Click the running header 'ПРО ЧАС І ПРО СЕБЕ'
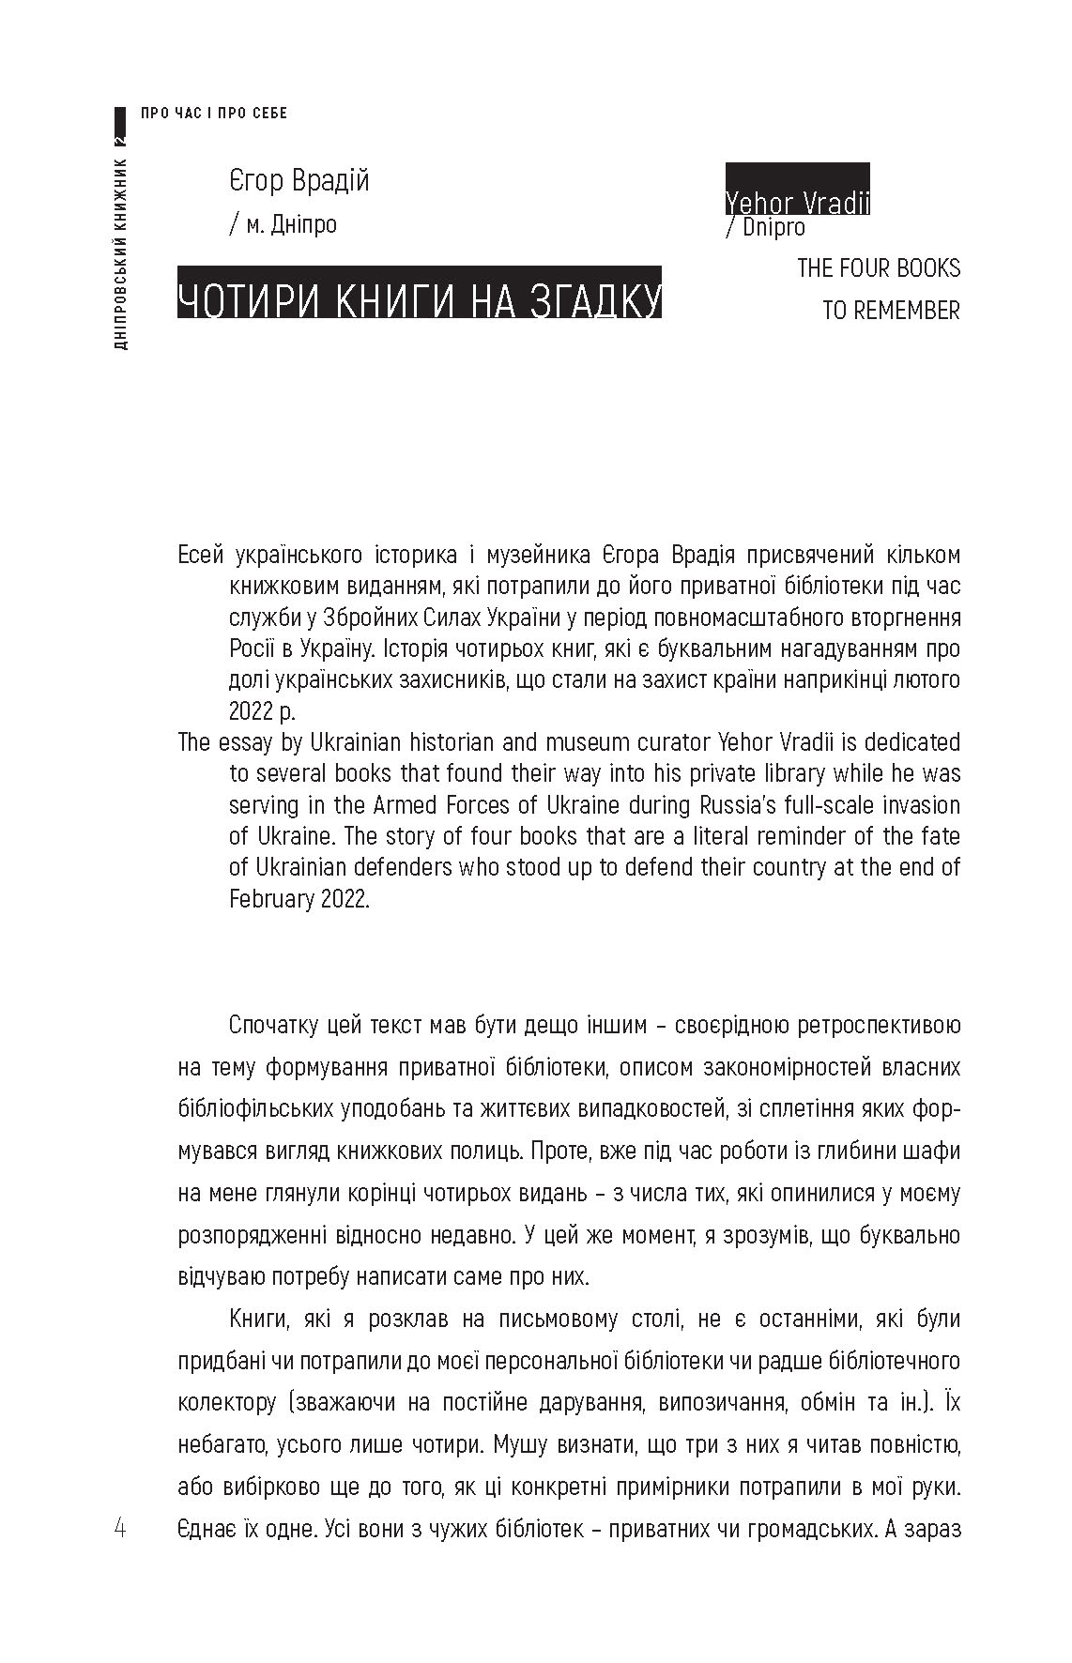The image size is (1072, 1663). pos(214,114)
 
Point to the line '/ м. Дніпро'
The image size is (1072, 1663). pos(283,225)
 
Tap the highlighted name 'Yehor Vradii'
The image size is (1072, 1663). pos(797,202)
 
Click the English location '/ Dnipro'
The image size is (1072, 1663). pos(765,227)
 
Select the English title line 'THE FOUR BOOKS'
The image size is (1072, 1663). pos(879,268)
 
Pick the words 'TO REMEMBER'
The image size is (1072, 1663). pos(891,310)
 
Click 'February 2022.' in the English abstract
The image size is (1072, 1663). pos(299,898)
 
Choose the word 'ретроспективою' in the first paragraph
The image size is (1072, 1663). pos(879,1025)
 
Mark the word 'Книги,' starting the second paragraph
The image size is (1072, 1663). pos(260,1319)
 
